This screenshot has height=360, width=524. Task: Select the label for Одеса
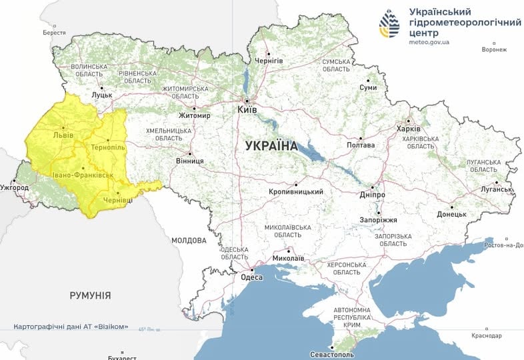point(251,277)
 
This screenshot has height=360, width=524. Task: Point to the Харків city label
point(408,129)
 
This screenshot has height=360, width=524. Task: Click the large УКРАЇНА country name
point(271,145)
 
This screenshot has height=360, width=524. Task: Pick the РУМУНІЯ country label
point(90,295)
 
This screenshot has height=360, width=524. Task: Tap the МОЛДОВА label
point(189,240)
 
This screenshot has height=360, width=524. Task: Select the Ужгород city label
point(15,188)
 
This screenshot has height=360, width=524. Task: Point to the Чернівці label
point(117,200)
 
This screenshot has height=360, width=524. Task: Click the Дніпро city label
point(373,194)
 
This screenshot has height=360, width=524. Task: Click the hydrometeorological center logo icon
point(390,25)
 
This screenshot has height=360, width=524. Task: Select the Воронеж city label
point(493,49)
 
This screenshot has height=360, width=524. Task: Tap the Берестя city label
point(54,32)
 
